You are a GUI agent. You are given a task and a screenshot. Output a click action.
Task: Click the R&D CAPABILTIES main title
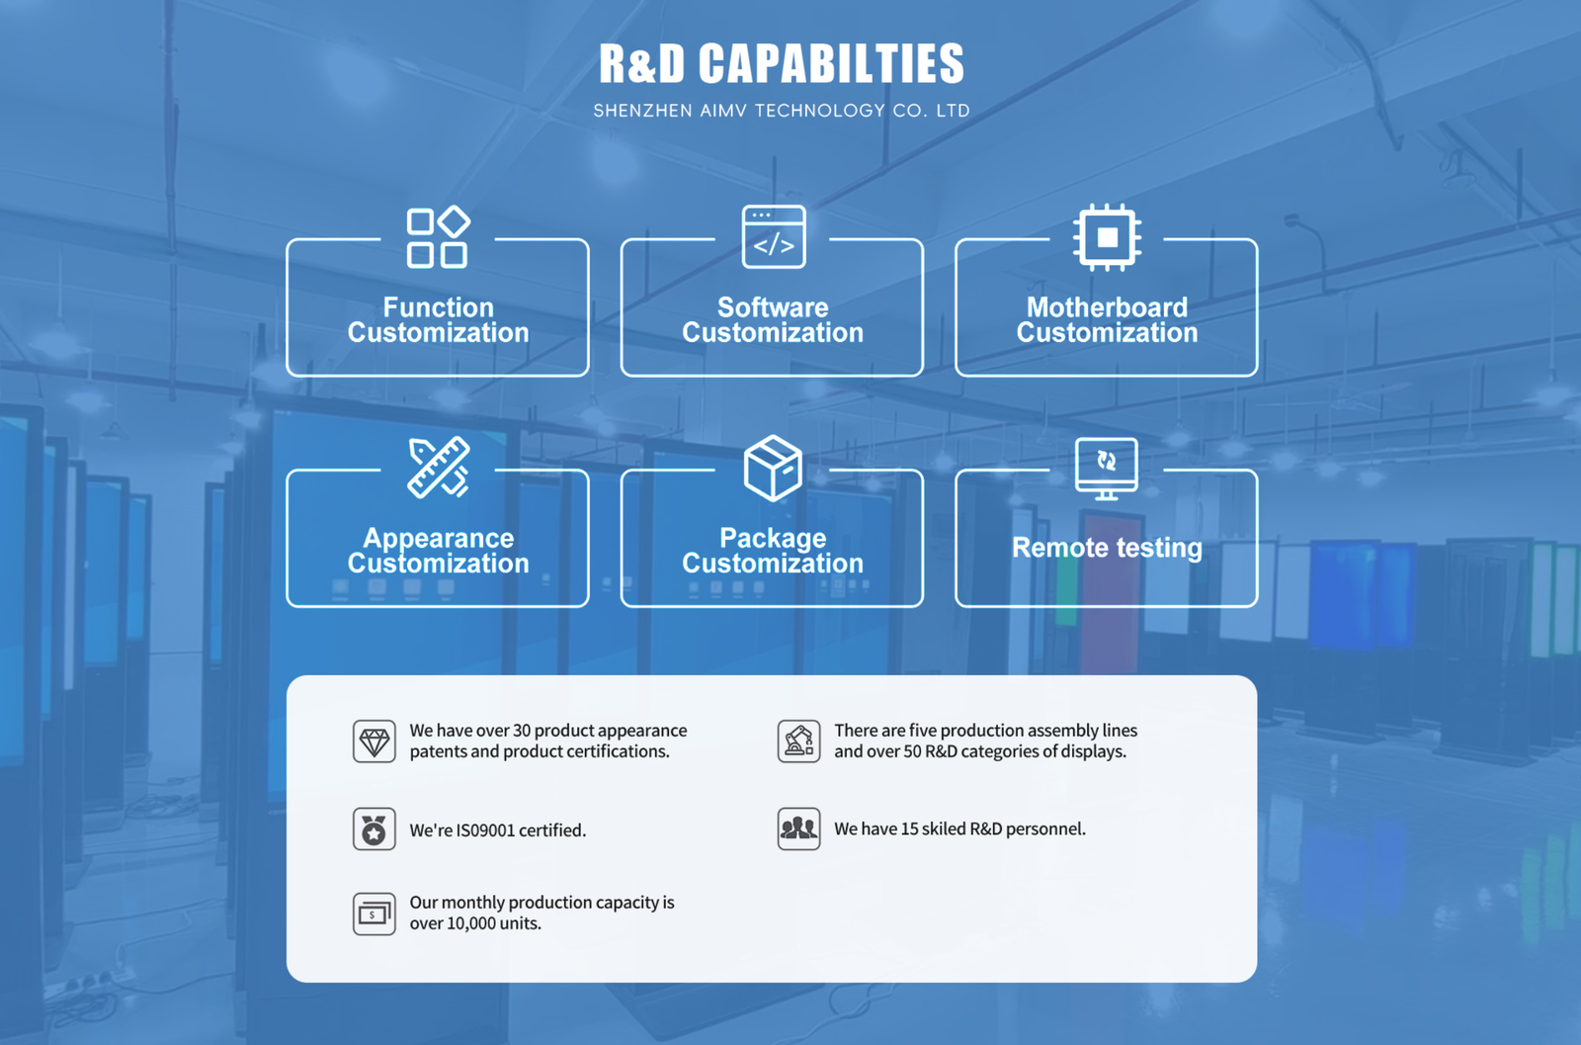pos(781,64)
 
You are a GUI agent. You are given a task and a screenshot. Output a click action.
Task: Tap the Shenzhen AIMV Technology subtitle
pos(781,111)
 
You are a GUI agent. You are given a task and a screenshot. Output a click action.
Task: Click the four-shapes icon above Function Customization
pos(438,237)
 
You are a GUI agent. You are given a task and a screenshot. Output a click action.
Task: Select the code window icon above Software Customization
pos(774,237)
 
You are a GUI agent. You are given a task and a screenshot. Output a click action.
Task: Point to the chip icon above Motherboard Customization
pos(1107,237)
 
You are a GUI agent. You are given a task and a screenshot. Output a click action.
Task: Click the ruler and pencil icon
pos(438,467)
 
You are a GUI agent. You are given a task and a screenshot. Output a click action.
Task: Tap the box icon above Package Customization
pos(773,468)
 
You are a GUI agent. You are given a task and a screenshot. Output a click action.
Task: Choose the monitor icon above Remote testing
pos(1107,468)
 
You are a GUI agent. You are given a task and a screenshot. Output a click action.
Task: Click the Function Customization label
pos(438,320)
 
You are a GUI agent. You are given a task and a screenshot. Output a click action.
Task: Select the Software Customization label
pos(773,320)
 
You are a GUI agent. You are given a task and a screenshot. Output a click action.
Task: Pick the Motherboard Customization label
pos(1107,320)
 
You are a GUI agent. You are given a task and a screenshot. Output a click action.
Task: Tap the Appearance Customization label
pos(438,551)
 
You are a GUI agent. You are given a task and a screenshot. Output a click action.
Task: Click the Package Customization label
pos(773,551)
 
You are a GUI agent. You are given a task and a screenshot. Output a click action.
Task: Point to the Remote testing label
pos(1107,548)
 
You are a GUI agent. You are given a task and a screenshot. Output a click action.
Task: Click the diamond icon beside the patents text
pos(374,741)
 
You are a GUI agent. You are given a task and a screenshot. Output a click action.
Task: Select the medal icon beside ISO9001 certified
pos(374,829)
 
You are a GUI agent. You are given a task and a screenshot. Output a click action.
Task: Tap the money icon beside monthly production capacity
pos(374,914)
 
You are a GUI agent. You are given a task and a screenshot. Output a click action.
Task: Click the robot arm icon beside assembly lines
pos(798,741)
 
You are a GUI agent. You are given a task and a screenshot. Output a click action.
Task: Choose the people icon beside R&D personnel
pos(798,828)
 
